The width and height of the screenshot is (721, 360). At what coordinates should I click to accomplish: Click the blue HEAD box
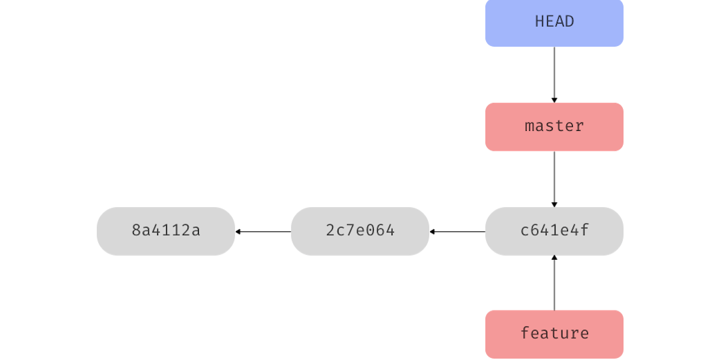coord(554,23)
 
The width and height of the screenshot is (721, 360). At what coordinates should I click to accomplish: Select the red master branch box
coord(554,126)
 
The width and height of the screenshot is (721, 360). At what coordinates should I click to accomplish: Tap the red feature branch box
coord(554,333)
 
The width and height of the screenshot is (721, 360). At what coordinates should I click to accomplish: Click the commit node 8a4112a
coord(166,231)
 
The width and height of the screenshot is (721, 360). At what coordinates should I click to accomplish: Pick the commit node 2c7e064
coord(360,231)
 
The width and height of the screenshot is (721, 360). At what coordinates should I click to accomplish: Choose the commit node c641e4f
coord(554,231)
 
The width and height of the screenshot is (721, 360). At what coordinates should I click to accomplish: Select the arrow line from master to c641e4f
coord(554,177)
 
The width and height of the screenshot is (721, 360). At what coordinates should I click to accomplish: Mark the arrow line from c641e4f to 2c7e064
coord(459,232)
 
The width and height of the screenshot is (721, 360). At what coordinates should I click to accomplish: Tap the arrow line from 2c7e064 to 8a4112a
coord(265,232)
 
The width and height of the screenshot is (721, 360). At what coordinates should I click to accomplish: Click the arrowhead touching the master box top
coord(554,100)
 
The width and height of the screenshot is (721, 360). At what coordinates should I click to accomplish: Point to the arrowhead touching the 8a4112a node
coord(239,232)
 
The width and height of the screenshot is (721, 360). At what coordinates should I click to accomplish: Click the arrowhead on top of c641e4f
coord(554,204)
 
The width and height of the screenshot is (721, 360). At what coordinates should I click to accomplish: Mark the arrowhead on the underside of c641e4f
coord(554,258)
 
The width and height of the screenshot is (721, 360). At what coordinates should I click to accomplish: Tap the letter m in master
coord(529,126)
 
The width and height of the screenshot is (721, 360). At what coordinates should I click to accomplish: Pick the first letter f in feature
coord(525,333)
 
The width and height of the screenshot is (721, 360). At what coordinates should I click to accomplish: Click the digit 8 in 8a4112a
coord(136,231)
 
